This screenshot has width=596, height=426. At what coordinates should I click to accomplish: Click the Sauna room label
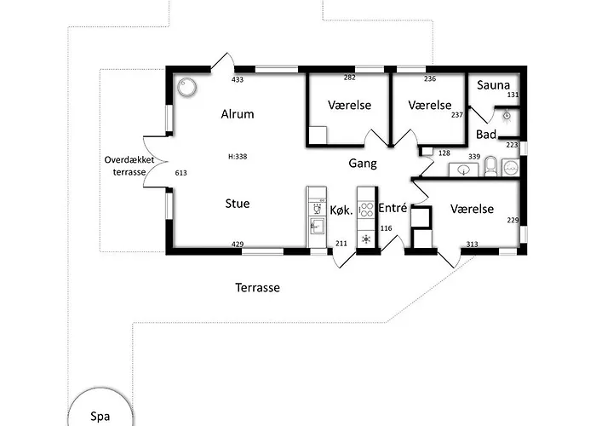(x=493, y=85)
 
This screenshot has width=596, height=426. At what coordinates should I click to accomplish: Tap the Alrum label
(x=238, y=113)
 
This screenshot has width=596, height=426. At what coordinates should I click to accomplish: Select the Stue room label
(x=238, y=203)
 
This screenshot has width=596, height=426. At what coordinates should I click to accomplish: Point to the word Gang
(x=363, y=164)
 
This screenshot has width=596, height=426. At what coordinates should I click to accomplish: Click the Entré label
(x=393, y=208)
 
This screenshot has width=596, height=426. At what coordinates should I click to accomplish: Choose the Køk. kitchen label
(x=341, y=210)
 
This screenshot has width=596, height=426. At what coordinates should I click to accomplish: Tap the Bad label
(x=486, y=135)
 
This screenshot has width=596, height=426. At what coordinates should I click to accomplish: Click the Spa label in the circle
(x=100, y=416)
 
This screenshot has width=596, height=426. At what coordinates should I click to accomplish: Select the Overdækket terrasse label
(x=129, y=166)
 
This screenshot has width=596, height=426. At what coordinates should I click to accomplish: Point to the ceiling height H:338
(x=238, y=156)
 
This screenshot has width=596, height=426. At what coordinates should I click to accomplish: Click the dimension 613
(x=181, y=173)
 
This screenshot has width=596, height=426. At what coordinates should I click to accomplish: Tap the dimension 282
(x=349, y=78)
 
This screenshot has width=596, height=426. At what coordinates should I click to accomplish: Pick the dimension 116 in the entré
(x=386, y=228)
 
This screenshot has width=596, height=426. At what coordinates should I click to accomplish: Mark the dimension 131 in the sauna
(x=513, y=95)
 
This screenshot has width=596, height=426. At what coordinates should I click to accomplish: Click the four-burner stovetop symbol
(x=366, y=210)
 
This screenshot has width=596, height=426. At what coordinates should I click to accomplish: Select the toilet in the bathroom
(x=490, y=166)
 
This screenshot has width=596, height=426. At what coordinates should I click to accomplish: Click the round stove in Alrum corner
(x=187, y=87)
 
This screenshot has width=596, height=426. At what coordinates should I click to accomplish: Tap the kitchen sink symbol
(x=316, y=225)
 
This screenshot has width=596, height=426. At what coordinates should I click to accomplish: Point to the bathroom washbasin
(x=464, y=170)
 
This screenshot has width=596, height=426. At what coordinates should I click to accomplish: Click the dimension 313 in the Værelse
(x=472, y=245)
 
